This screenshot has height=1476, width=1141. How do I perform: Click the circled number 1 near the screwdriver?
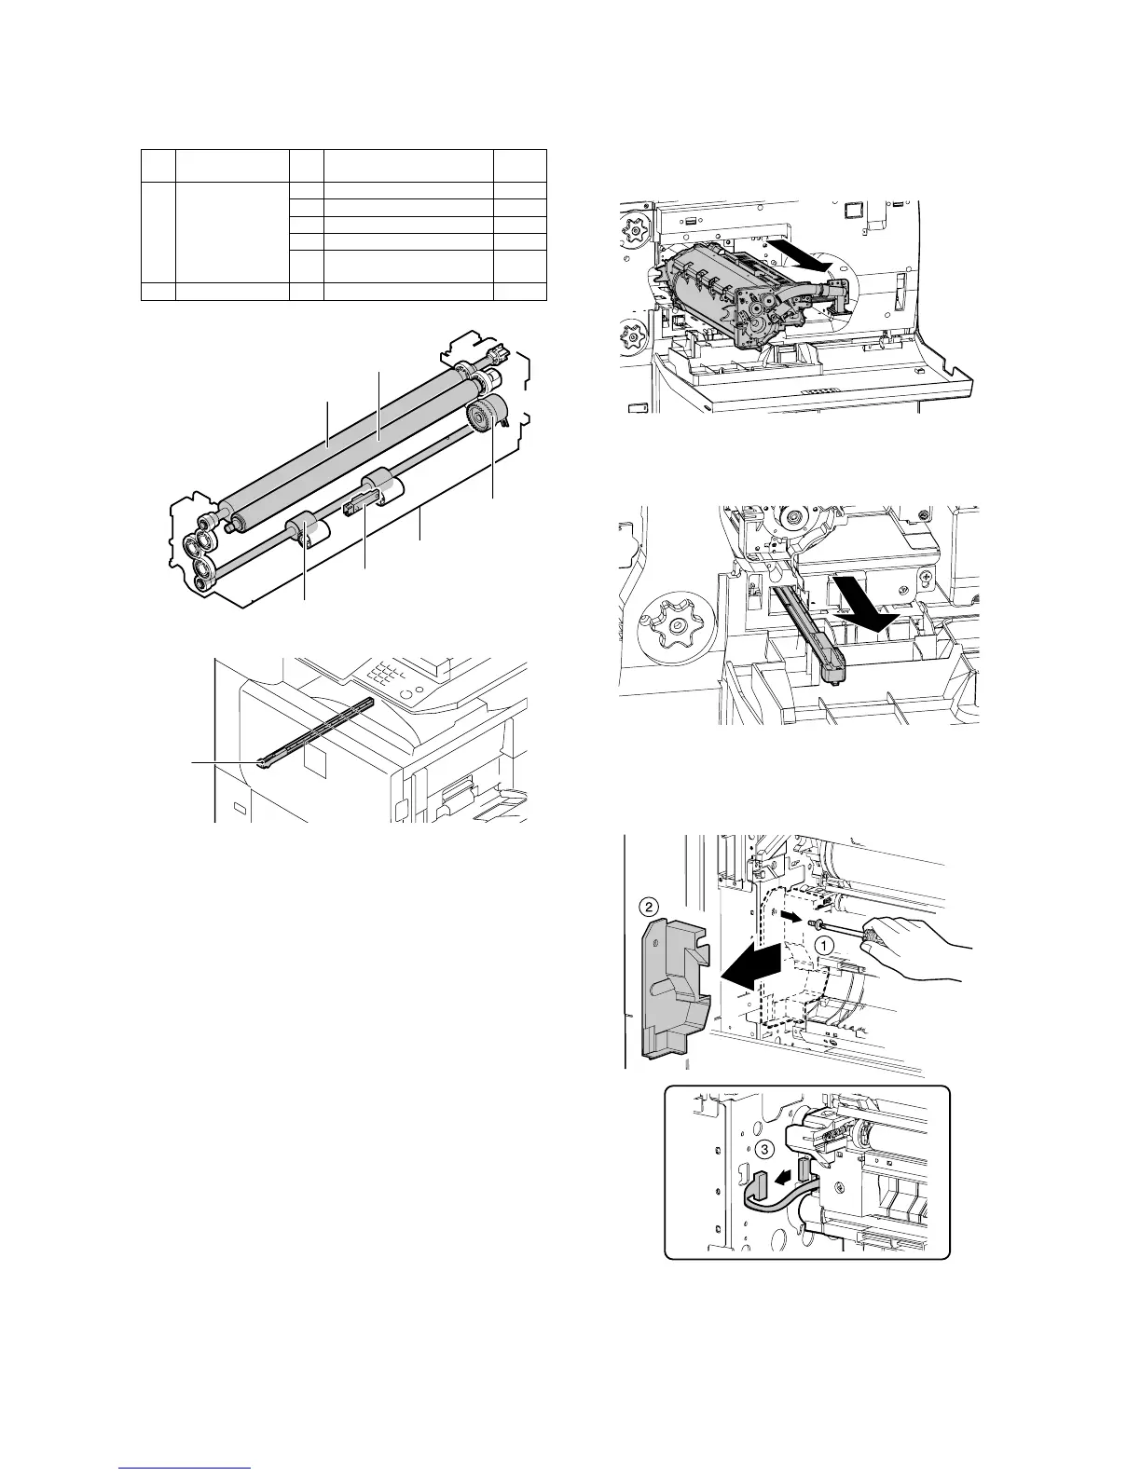(823, 943)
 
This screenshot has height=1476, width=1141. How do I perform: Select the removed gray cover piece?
(669, 984)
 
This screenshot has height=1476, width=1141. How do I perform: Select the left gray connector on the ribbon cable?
(758, 1186)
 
